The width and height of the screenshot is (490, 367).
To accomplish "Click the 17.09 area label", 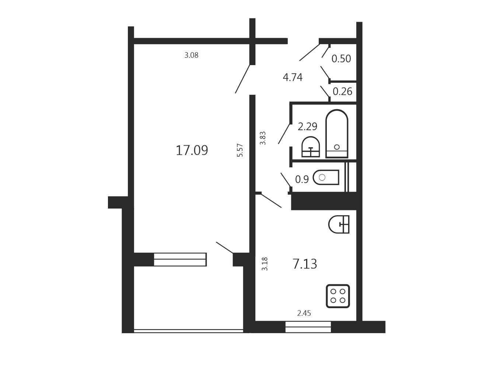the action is tap(192, 150).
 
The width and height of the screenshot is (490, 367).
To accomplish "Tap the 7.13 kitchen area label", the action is tap(304, 264).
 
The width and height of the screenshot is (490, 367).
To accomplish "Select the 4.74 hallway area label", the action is tap(293, 78).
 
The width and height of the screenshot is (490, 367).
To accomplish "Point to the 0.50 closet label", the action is tap(341, 58).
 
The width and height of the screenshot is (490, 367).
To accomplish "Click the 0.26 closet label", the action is tap(342, 91).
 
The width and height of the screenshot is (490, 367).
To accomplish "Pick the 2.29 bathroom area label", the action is tap(307, 127).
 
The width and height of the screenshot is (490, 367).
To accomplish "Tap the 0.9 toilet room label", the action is tap(302, 179).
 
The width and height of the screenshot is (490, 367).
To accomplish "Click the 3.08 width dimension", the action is tap(191, 55).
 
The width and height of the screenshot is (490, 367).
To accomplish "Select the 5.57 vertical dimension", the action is tap(240, 150).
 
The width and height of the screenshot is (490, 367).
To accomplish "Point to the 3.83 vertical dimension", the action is tap(263, 138).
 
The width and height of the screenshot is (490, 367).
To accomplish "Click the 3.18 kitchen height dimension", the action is tap(265, 264).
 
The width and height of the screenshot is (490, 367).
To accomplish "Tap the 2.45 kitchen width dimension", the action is tap(304, 313).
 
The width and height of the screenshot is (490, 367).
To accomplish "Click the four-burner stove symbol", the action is tap(338, 296).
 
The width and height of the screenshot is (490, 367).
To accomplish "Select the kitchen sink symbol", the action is tap(339, 224).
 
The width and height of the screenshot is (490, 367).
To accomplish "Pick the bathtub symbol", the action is tap(337, 133).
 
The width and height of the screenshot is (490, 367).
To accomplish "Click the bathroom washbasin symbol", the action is tap(311, 147).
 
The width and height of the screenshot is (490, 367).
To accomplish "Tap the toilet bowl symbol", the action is tap(326, 177).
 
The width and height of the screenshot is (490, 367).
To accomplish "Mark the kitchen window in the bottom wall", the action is tap(308, 327).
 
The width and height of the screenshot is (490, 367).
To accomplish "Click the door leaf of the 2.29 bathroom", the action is tap(284, 134).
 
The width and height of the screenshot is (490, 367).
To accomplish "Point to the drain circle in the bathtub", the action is tap(337, 147).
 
